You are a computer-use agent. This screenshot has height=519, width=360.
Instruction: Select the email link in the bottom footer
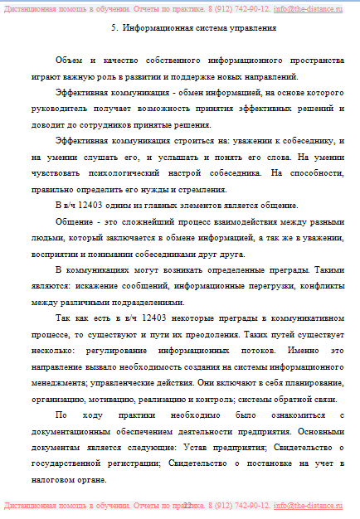coord(308,505)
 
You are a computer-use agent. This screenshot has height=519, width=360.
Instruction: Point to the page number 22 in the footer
coord(187,505)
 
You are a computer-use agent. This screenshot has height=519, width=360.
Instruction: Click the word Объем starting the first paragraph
coord(68,62)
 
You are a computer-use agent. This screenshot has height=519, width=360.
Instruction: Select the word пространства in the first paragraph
coord(312,62)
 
